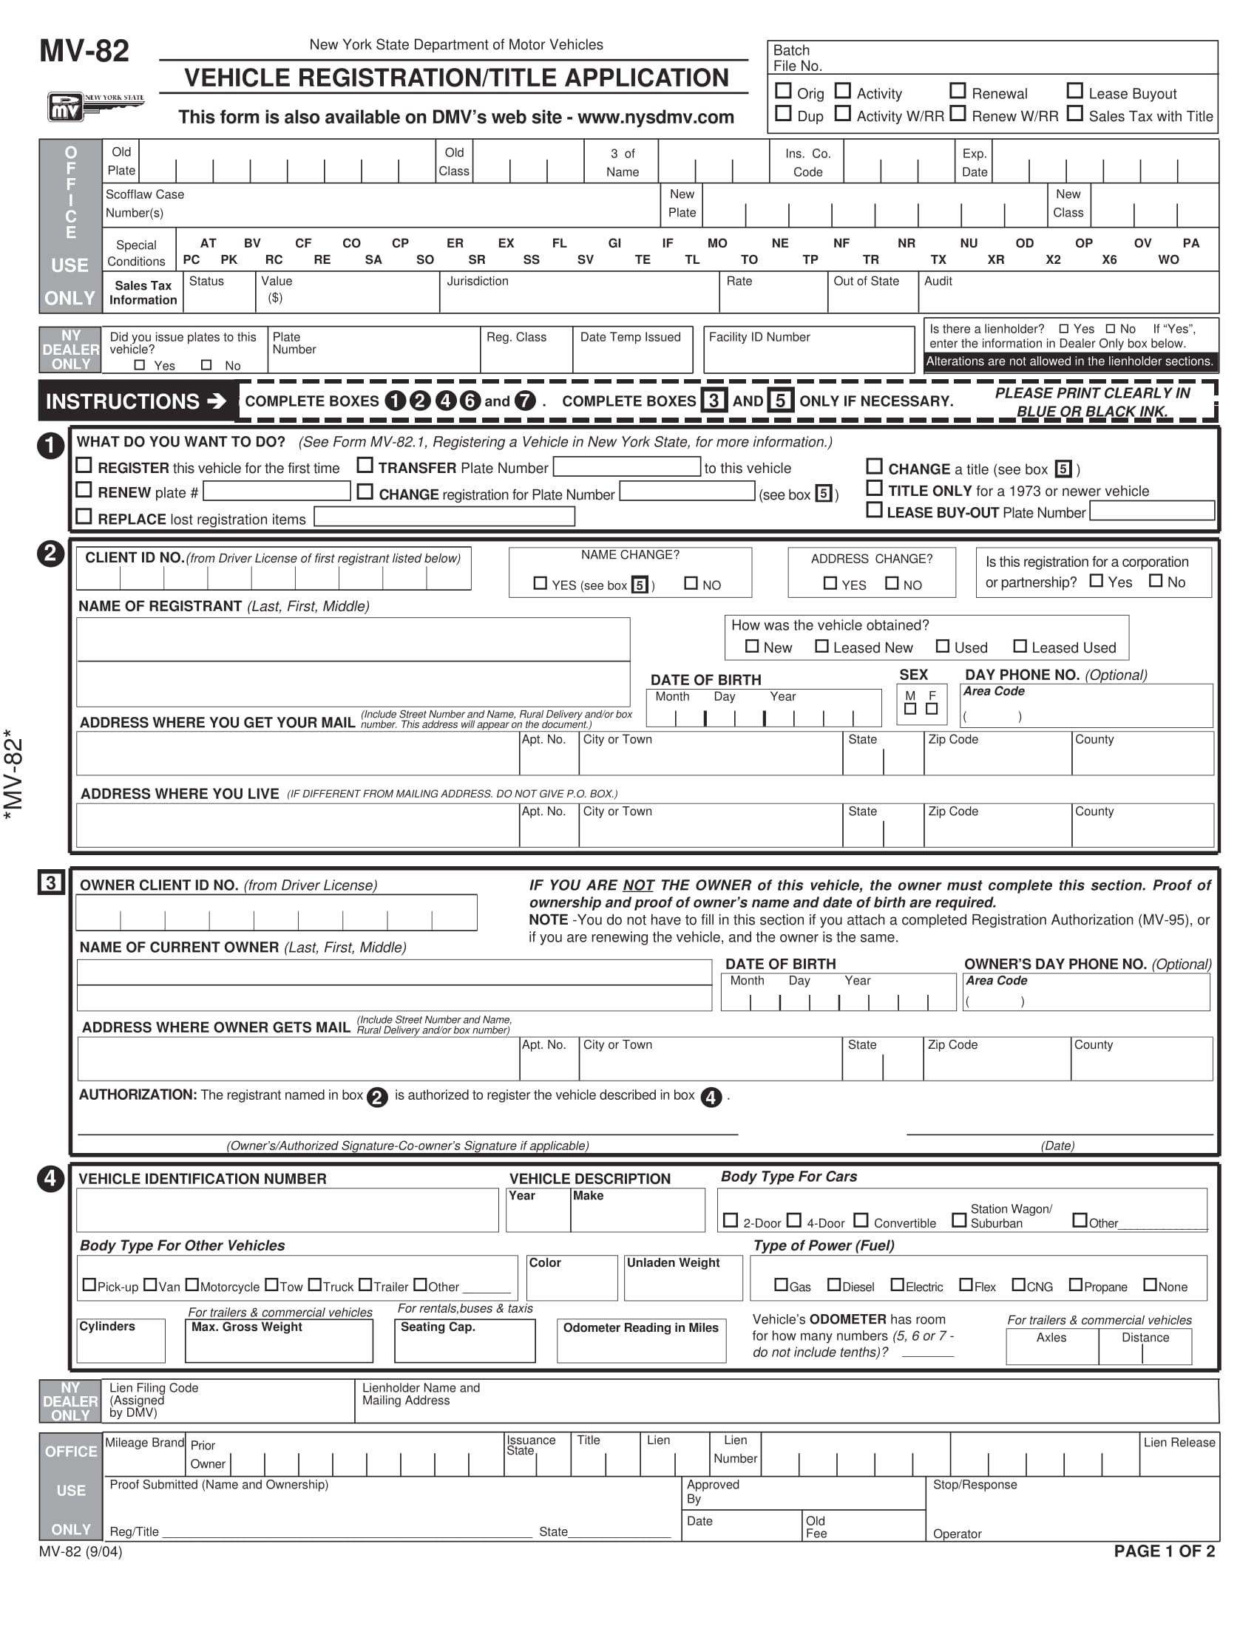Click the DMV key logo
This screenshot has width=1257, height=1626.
95,106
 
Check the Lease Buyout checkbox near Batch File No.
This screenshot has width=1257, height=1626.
1074,91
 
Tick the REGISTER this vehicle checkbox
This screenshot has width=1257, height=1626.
84,466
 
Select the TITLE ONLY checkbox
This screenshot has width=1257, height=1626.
874,489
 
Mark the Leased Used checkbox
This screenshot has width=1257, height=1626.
1020,646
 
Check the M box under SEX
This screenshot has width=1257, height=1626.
910,709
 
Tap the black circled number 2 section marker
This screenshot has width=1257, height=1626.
50,554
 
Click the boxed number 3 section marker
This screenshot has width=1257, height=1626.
50,883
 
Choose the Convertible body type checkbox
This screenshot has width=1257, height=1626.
861,1220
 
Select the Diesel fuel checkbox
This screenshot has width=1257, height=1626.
834,1285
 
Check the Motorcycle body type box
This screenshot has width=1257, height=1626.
192,1285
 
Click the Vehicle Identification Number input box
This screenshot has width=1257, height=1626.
287,1210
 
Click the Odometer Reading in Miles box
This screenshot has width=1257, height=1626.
640,1341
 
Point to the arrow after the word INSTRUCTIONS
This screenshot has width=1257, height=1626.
217,401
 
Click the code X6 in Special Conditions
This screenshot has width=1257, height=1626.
1109,260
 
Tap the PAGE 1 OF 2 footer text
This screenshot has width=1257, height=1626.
1164,1551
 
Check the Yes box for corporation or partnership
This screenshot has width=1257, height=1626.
1096,581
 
